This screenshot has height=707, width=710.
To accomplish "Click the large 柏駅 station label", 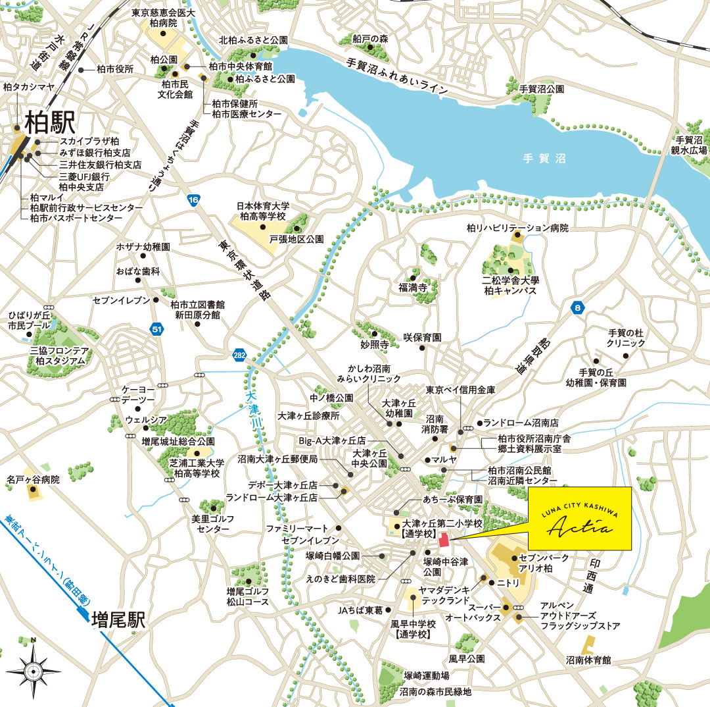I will (x=50, y=122).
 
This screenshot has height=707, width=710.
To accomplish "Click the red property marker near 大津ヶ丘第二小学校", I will (x=444, y=540).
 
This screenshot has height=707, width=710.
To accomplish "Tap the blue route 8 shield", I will (x=577, y=308).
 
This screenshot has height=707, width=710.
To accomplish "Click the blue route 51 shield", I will (x=156, y=329).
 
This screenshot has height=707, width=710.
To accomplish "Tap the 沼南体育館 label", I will (x=588, y=659).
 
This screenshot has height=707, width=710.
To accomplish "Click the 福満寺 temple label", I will (x=413, y=288).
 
